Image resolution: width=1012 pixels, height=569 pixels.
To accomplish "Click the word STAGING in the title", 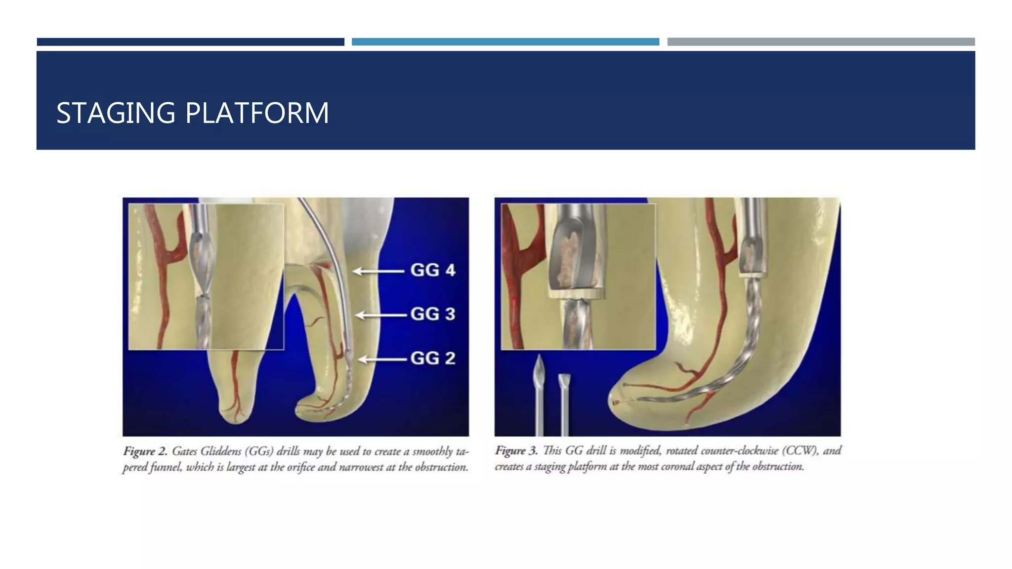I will [116, 113].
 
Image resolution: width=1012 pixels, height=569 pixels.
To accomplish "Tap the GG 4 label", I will [432, 270].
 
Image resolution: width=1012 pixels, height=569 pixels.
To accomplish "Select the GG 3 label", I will [432, 314].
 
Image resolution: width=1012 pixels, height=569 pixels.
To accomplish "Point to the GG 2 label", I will [432, 358].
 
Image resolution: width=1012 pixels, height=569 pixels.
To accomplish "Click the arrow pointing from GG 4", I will [378, 271].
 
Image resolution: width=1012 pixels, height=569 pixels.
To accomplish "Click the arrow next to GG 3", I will [380, 315].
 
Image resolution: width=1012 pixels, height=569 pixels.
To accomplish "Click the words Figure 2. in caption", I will [145, 451].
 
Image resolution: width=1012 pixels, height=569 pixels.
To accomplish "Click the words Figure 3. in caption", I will [516, 451].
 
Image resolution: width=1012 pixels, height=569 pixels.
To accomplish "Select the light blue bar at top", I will [505, 42].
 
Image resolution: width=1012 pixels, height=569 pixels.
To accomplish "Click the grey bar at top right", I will [821, 42].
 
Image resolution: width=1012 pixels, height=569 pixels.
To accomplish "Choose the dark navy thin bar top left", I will [190, 42].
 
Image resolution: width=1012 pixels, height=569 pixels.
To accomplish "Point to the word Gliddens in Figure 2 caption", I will [221, 451].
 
